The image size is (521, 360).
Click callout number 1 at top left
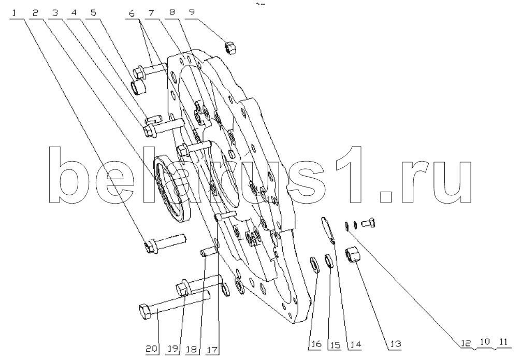pos(15,13)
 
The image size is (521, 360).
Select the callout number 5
pos(94,13)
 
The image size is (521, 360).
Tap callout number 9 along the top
pos(192,12)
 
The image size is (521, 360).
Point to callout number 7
pos(152,13)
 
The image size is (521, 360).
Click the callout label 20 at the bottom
pos(151,349)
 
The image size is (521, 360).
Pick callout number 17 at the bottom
pos(212,349)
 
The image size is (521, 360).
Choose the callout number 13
pos(395,344)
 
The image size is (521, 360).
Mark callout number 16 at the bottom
pos(315,344)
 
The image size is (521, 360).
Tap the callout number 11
pos(503,342)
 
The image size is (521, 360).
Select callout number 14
pos(354,344)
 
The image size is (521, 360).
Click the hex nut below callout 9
pos(230,48)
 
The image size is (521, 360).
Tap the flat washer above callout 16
pos(314,265)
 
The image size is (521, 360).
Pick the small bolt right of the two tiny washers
pos(368,222)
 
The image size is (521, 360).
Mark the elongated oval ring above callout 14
pos(327,229)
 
